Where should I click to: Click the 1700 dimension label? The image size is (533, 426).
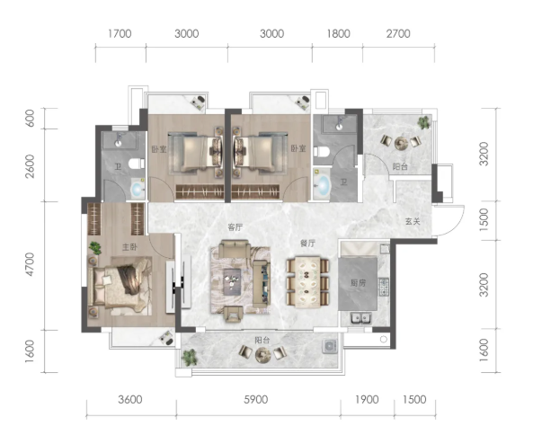(120, 33)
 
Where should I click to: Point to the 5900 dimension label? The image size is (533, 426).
(255, 399)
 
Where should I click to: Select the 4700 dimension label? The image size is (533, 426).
(30, 264)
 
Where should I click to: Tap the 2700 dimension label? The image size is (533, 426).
(398, 33)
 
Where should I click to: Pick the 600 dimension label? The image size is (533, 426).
(30, 118)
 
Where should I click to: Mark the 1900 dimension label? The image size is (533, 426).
(367, 399)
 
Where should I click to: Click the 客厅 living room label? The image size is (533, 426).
(235, 227)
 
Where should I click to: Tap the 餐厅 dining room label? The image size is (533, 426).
(307, 243)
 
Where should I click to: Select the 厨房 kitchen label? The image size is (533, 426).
(358, 282)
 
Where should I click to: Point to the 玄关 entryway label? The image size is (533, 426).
(413, 221)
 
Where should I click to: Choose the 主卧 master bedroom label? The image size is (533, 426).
(129, 247)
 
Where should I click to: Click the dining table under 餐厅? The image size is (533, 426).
(307, 282)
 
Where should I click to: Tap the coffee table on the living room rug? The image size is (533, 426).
(232, 280)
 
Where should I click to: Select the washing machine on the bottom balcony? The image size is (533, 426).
(329, 346)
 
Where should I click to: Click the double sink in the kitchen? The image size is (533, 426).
(360, 318)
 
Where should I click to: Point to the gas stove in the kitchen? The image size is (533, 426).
(384, 287)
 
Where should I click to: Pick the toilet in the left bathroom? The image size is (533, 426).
(137, 164)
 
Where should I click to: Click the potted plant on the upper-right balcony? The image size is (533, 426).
(423, 122)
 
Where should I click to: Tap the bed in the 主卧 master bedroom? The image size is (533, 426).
(120, 286)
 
